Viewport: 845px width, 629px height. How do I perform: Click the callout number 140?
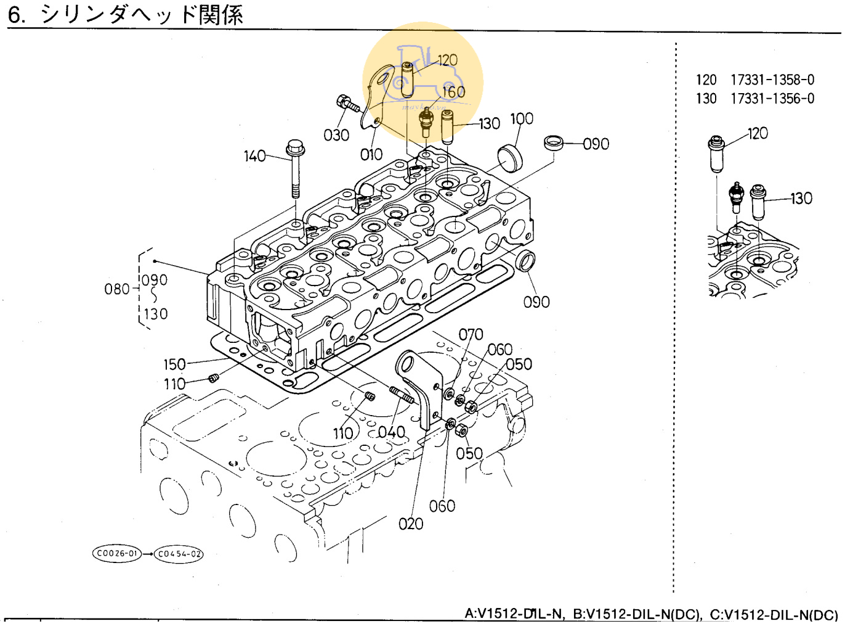tap(254, 156)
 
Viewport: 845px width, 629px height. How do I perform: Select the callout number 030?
tap(336, 135)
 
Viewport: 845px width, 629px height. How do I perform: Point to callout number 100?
tap(522, 118)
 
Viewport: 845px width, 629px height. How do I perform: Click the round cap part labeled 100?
tap(509, 157)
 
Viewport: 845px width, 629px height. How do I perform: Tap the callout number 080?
tap(116, 289)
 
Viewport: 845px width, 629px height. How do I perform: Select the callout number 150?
tap(174, 364)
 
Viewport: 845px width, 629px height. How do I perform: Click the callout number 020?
tap(411, 524)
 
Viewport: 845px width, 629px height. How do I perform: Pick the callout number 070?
tap(471, 334)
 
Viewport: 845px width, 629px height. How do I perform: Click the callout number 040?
tap(392, 432)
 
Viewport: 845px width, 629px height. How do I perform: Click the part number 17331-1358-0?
tap(772, 80)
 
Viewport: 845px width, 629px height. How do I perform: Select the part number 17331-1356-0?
tap(772, 99)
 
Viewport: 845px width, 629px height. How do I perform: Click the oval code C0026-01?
tap(117, 553)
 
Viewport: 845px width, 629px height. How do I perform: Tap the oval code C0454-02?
tap(179, 554)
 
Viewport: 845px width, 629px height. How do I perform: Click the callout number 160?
tap(453, 92)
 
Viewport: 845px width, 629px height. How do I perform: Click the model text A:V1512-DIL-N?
tap(514, 614)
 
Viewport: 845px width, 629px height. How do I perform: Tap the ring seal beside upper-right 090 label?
tap(554, 143)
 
